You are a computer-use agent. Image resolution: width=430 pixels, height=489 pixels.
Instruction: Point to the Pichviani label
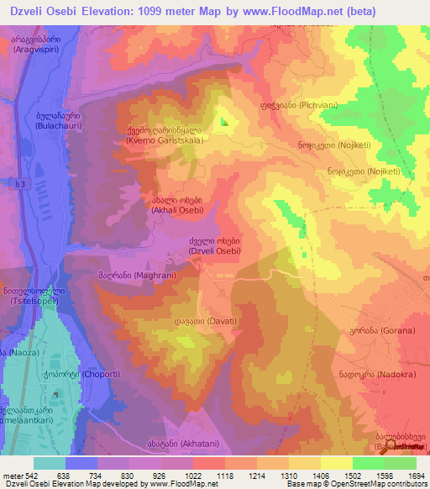(288, 109)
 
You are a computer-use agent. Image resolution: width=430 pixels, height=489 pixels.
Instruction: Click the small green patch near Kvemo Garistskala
(224, 122)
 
